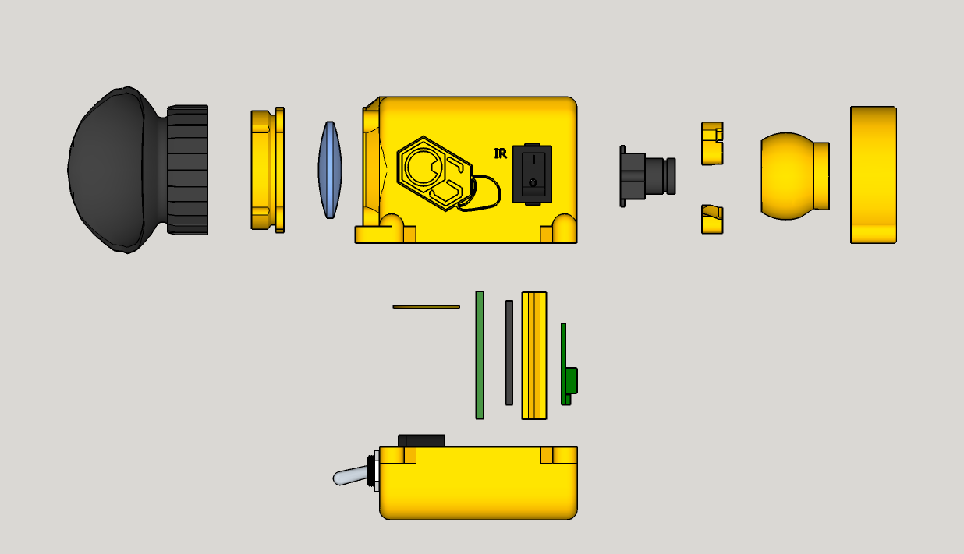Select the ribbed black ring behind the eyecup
point(189,170)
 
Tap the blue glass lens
point(330,170)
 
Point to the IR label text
point(501,153)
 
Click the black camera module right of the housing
point(646,176)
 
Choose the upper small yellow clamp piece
point(711,143)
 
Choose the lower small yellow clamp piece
point(711,219)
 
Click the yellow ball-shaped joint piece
point(792,175)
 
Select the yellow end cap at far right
point(873,175)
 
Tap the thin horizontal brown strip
point(426,307)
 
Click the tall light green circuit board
point(480,355)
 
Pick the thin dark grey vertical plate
point(509,352)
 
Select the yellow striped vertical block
point(534,355)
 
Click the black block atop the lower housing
point(421,441)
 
